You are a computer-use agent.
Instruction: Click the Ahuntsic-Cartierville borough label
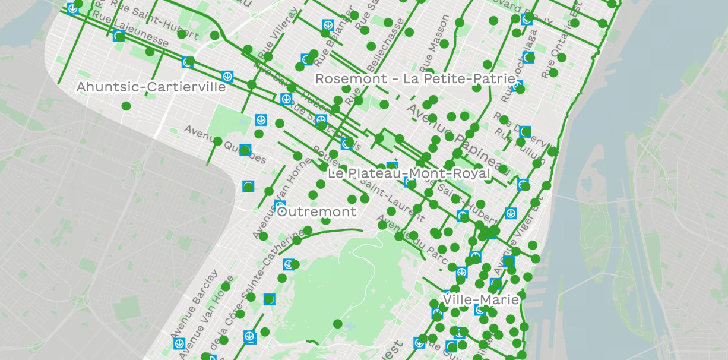pyautogui.click(x=151, y=87)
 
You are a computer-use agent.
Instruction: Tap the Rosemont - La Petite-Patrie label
pyautogui.click(x=415, y=78)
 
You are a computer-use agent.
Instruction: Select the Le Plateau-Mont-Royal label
pyautogui.click(x=409, y=173)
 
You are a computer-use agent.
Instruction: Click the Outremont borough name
pyautogui.click(x=317, y=211)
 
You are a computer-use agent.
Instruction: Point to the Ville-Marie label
pyautogui.click(x=481, y=299)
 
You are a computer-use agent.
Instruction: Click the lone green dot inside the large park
pyautogui.click(x=337, y=324)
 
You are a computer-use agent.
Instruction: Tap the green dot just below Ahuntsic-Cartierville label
pyautogui.click(x=126, y=106)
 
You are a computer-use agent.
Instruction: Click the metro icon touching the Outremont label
pyautogui.click(x=280, y=205)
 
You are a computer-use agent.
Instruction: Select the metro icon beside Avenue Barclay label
pyautogui.click(x=179, y=343)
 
